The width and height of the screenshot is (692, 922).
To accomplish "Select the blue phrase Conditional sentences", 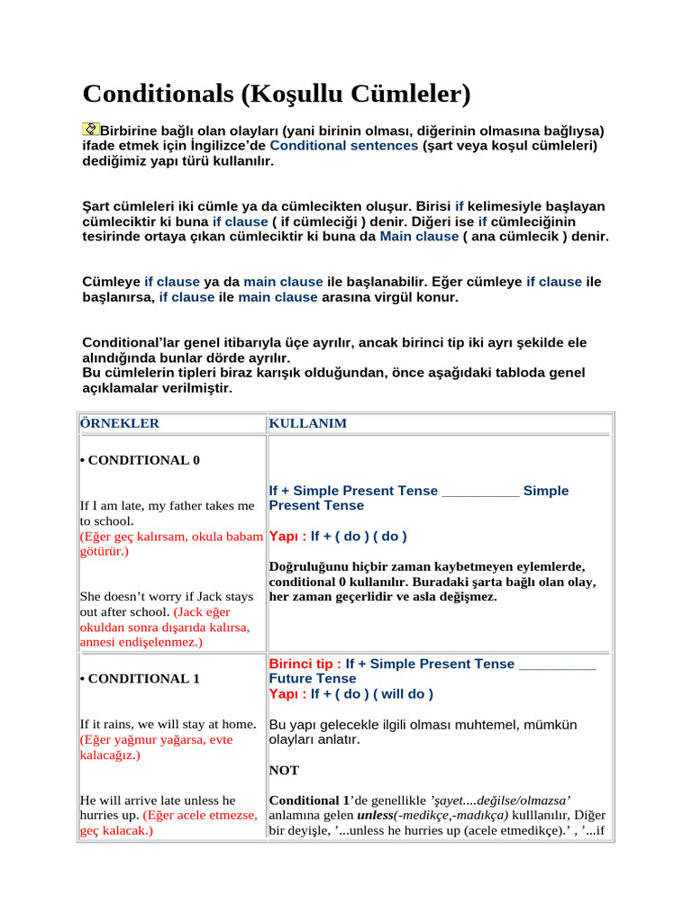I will point(343,146).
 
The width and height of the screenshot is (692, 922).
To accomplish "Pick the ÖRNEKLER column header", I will point(120,423).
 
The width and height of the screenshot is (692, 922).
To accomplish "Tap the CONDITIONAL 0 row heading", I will point(141,460).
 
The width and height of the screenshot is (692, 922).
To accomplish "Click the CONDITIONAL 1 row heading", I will point(141,679).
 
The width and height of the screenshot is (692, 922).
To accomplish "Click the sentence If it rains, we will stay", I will point(168,724).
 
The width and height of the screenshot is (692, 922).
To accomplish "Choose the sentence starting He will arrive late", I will point(158,800).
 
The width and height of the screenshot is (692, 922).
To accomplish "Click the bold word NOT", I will point(284,771).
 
